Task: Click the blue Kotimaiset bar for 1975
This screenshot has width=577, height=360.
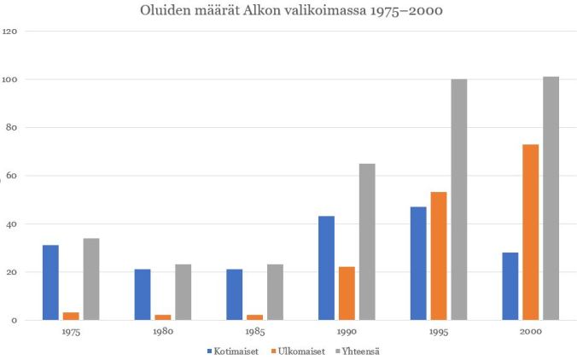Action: (x=50, y=282)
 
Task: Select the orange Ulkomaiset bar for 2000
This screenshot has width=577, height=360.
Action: (x=531, y=232)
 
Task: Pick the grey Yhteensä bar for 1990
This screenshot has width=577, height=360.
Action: (x=367, y=241)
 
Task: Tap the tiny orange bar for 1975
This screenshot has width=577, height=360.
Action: (x=71, y=316)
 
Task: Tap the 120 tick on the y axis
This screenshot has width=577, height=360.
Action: (x=10, y=32)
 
